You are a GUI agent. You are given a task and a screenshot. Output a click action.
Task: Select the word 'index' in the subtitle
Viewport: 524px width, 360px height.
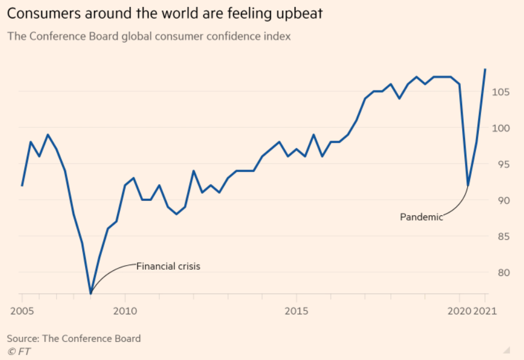(277, 36)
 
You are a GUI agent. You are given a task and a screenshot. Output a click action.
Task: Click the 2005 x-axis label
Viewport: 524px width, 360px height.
(21, 311)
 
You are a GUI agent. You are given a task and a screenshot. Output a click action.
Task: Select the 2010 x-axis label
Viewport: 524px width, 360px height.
(124, 311)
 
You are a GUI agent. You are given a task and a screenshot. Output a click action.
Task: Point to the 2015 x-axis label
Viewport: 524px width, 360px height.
(296, 311)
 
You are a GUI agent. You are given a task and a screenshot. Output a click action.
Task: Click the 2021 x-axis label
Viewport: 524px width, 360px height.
(485, 311)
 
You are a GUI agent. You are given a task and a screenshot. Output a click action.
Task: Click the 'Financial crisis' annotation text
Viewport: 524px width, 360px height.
(168, 267)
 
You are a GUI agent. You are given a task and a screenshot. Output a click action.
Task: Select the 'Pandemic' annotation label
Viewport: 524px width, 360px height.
(421, 217)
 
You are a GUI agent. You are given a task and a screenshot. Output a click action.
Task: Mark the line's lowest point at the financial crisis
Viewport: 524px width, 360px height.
(91, 293)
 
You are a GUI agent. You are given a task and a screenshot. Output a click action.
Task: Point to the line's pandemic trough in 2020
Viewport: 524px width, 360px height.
(468, 185)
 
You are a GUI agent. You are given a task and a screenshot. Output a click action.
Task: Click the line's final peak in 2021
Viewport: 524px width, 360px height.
(485, 69)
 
